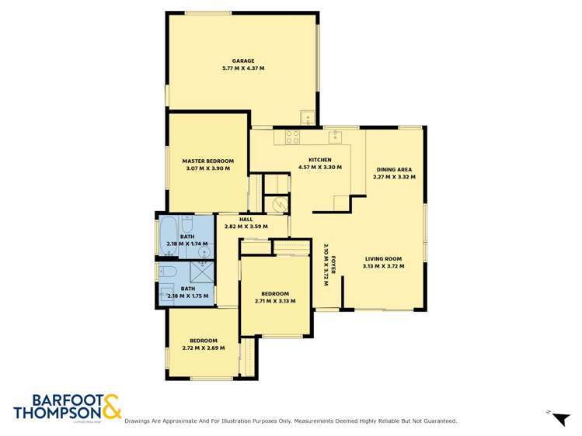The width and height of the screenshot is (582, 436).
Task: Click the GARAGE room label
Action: (x=243, y=61)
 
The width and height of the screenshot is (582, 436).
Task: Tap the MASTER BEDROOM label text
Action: (x=207, y=161)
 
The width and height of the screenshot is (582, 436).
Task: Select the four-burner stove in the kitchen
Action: (x=292, y=137)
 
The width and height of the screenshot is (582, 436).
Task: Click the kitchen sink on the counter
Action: (x=336, y=137)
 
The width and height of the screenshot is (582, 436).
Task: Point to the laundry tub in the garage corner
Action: (x=308, y=119)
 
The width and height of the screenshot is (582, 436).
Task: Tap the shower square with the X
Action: (x=204, y=272)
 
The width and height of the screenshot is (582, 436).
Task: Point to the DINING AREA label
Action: (x=394, y=169)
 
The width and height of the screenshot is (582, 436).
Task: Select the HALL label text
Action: (x=246, y=220)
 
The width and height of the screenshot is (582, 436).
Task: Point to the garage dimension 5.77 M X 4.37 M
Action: (x=243, y=68)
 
